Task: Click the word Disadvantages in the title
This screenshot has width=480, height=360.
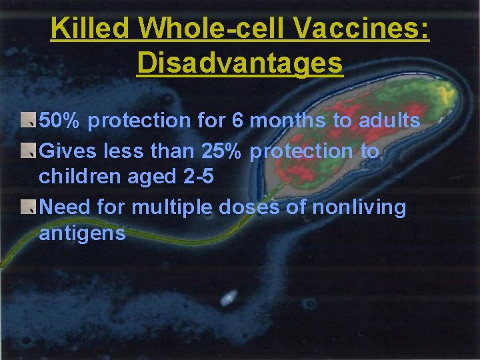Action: point(240,63)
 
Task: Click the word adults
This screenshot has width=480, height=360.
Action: point(389,121)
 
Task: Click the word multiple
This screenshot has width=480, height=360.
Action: point(173,207)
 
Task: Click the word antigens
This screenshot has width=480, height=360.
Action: point(82,233)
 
